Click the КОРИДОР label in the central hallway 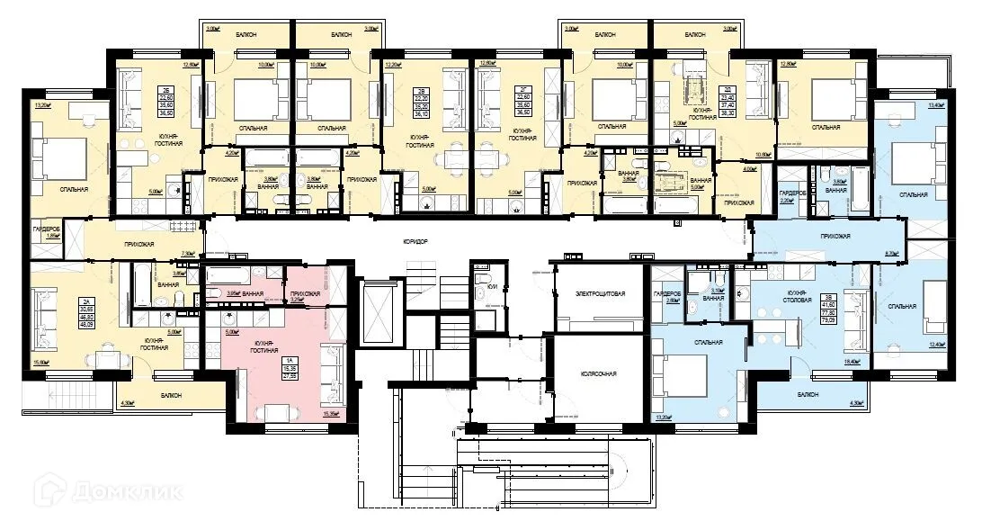[x=415, y=243]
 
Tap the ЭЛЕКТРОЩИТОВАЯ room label [x=598, y=294]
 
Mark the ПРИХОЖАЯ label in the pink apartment [x=300, y=294]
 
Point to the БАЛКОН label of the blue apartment [x=804, y=394]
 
